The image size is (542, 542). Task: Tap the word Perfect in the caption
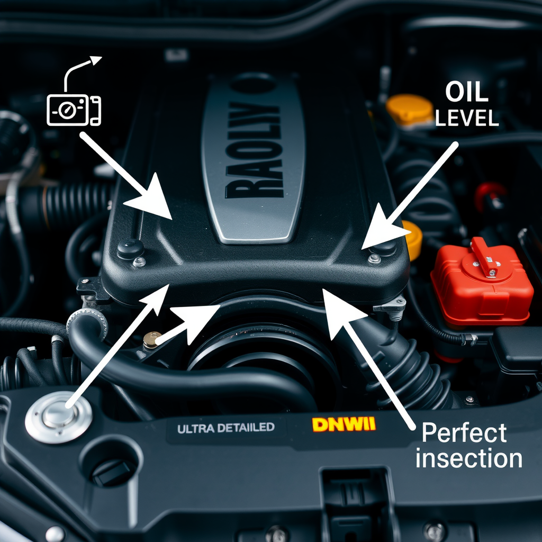(x=464, y=433)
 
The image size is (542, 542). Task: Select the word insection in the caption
(x=468, y=458)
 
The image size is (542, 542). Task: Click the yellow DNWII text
(x=344, y=424)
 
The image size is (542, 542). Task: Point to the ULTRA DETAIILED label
(x=226, y=428)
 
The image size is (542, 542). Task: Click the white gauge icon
(x=74, y=110)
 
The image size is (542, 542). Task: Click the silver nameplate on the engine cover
(x=253, y=159)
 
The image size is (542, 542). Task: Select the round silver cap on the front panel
(x=59, y=416)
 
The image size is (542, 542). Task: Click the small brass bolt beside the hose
(x=152, y=339)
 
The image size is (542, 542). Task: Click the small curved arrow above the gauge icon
(x=82, y=71)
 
